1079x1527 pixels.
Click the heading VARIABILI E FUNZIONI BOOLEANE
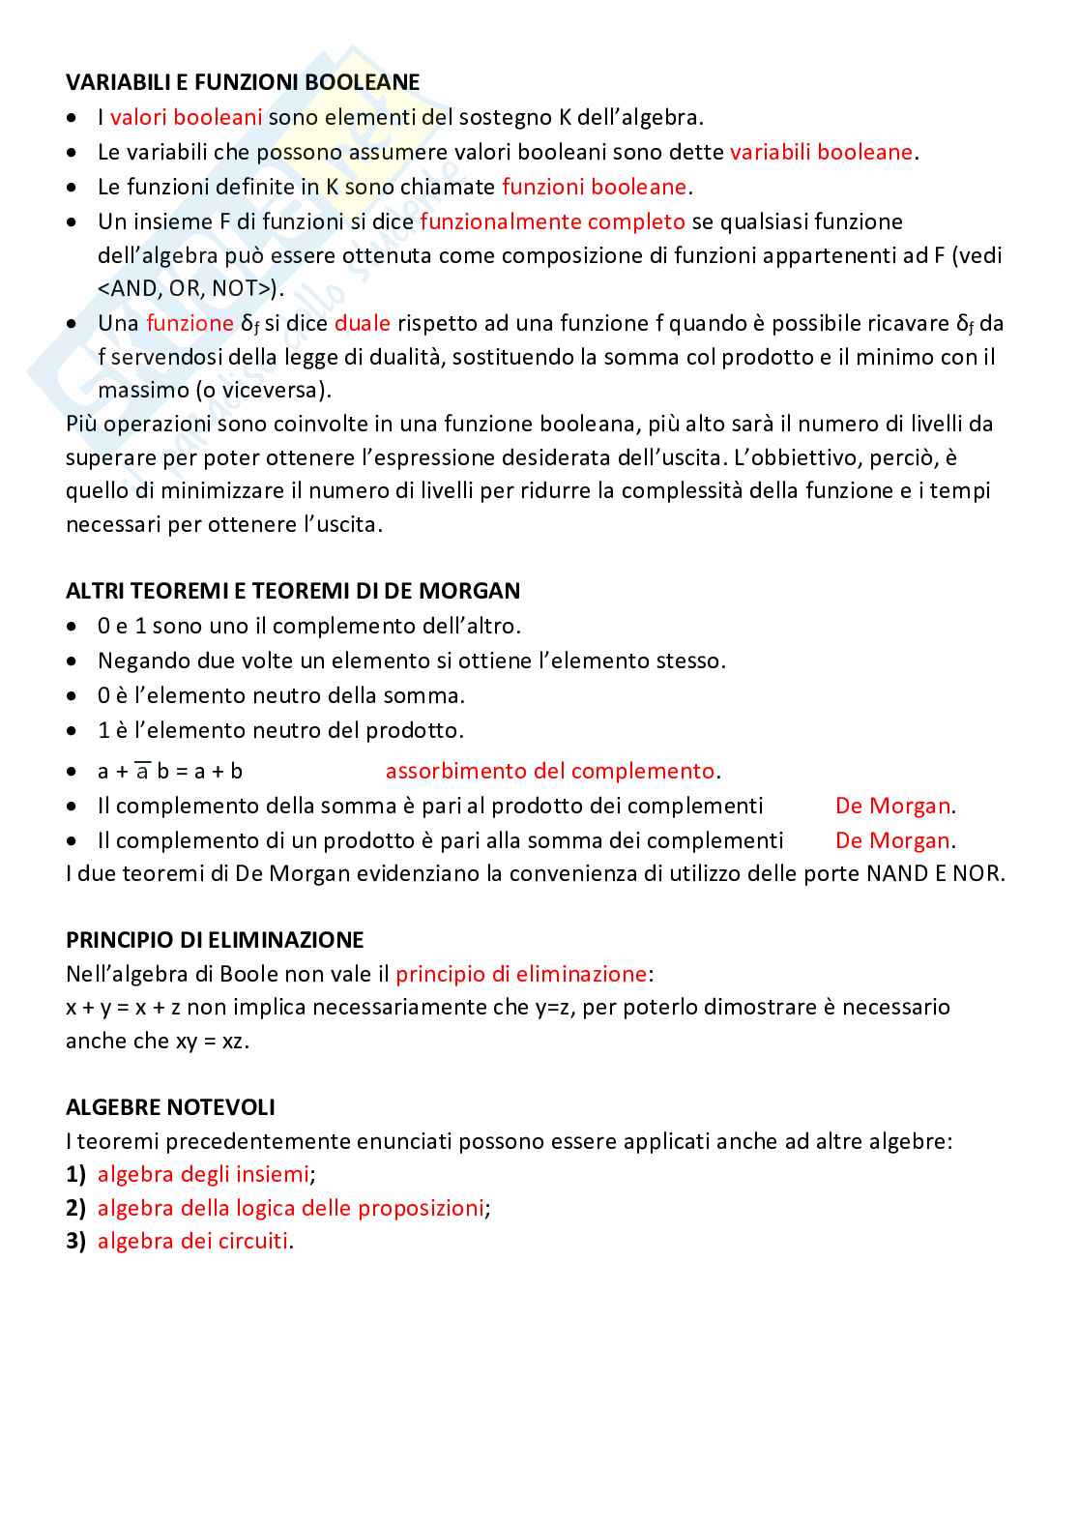[x=243, y=82]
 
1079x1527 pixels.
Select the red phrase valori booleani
[x=186, y=117]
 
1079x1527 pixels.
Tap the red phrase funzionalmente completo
[x=552, y=221]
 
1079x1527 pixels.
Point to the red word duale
[x=362, y=323]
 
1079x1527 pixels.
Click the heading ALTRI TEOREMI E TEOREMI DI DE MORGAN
[x=293, y=591]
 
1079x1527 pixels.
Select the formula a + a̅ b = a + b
[x=170, y=772]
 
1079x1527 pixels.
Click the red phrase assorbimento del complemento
[x=550, y=771]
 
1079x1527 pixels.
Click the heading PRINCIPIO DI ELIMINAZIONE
[x=215, y=940]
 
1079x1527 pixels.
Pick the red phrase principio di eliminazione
[x=521, y=974]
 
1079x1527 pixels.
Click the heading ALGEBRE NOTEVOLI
[x=170, y=1107]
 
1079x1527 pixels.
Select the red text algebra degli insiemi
[x=203, y=1174]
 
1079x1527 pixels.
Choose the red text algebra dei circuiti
[x=192, y=1241]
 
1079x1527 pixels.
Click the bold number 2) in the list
[x=75, y=1208]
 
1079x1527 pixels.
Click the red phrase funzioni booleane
[x=594, y=187]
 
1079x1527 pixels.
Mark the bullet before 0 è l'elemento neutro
[x=74, y=696]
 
